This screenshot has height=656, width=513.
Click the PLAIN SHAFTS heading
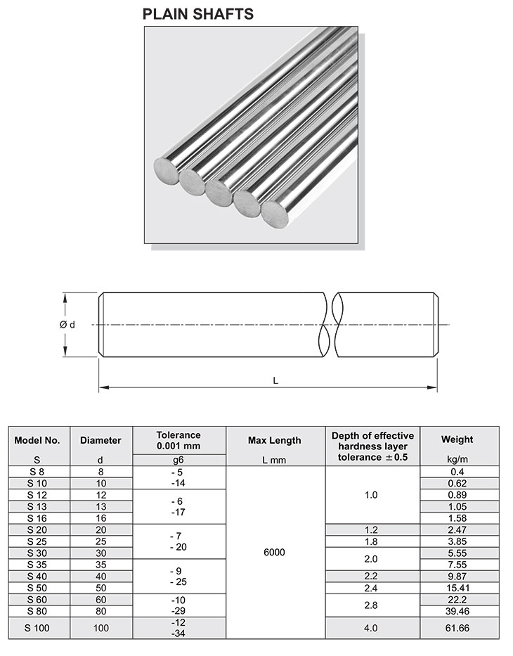(198, 14)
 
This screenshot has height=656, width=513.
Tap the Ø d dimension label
(67, 324)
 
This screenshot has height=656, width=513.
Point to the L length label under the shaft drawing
(275, 380)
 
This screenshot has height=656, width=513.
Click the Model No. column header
(37, 440)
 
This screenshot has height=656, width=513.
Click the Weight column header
(457, 439)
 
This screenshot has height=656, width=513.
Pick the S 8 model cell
(37, 471)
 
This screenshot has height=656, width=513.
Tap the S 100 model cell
(37, 627)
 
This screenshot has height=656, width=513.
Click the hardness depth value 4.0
(371, 627)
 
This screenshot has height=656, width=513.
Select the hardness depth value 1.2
(371, 529)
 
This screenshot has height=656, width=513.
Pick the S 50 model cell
(37, 587)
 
